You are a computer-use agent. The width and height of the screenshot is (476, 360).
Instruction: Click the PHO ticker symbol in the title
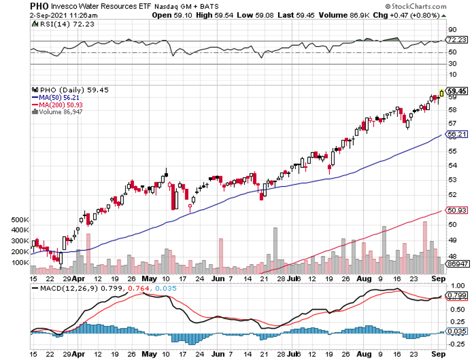(40, 6)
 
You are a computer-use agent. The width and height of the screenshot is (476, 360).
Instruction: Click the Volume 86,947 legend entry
(58, 111)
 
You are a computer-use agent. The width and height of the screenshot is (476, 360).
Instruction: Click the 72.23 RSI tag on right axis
(457, 40)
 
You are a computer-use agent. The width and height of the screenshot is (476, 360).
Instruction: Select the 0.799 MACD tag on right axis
(457, 295)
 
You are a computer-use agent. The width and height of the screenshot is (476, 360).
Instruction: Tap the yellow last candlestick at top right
(441, 93)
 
